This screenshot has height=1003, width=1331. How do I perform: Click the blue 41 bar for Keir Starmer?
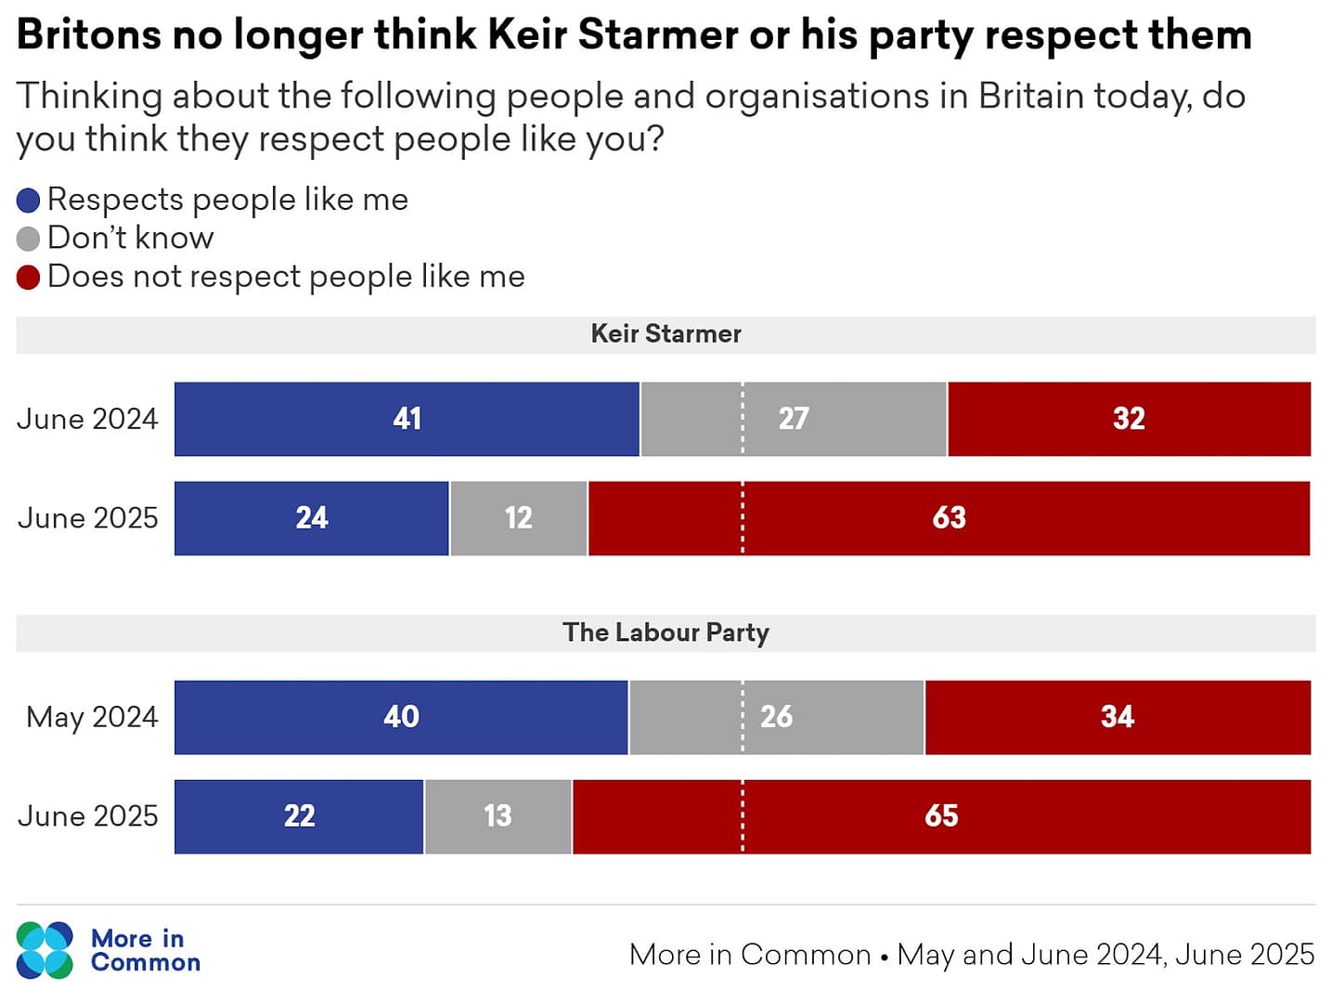coord(407,419)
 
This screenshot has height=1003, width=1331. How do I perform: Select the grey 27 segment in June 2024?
coord(794,419)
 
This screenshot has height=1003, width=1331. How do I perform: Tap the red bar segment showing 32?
coord(1129,419)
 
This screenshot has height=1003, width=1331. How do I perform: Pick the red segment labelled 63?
coord(949,518)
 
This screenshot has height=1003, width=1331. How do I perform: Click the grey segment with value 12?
coord(518,518)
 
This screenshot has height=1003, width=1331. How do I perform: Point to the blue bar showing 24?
coord(312,518)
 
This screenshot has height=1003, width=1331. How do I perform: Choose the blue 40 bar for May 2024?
coord(401,717)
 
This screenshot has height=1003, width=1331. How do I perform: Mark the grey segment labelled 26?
coord(776,717)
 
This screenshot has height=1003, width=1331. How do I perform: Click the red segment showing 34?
coord(1118,717)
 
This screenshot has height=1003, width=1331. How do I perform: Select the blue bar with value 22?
coord(299,816)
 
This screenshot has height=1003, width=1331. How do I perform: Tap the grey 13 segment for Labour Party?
coord(498,816)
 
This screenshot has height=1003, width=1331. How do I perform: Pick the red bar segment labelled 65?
coord(941,816)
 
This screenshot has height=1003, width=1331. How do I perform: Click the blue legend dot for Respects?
coord(29,201)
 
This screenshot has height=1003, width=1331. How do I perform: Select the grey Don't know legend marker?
coord(29,239)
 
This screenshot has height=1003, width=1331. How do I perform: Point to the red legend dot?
coord(29,277)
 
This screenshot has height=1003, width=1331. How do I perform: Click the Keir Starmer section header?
coord(665,334)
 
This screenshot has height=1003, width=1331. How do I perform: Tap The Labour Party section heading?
coord(665,632)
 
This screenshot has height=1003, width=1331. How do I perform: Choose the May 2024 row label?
coord(92,717)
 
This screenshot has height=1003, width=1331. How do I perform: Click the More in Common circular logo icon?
coord(45,950)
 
